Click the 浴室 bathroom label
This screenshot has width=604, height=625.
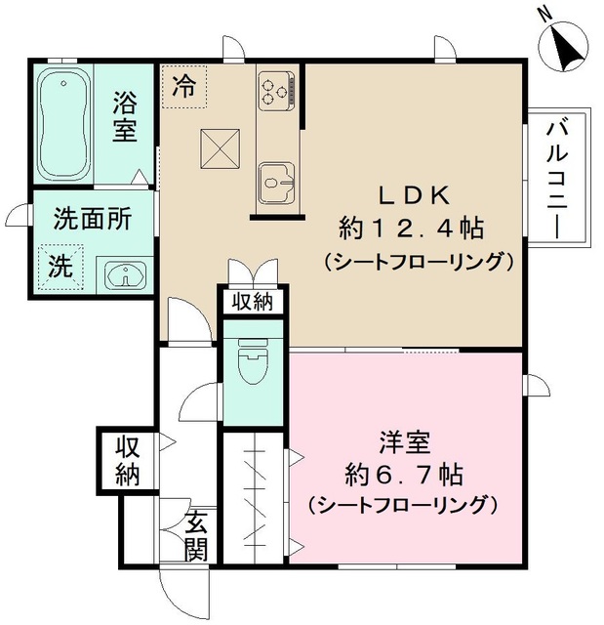pos(124,115)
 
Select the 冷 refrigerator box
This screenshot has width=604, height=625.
pos(184,85)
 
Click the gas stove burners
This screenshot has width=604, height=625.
pos(276,90)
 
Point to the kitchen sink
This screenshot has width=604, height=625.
pos(277,180)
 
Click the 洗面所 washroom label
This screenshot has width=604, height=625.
pos(92,219)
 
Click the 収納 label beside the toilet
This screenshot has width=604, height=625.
pos(252,302)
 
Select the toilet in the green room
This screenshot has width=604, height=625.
pos(255,364)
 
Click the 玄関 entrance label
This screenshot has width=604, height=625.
pos(196,534)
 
